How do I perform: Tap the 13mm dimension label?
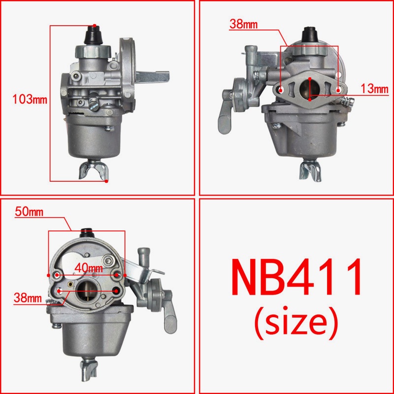374,89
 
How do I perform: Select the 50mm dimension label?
29,213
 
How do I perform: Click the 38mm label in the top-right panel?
243,24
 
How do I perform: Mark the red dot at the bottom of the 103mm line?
107,181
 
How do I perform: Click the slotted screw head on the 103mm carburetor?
95,102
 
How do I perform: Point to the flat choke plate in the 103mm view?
155,77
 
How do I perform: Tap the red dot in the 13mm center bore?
309,78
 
